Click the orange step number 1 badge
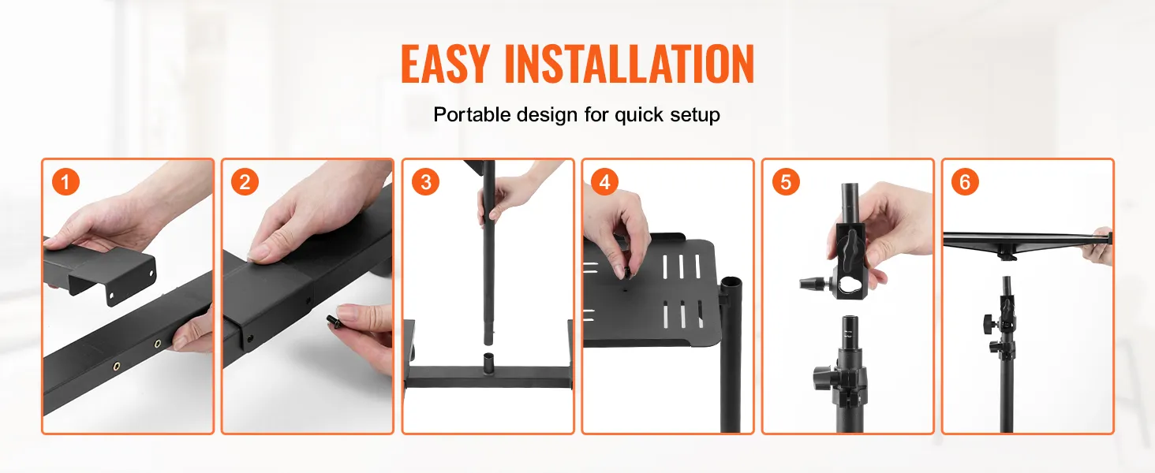click(65, 182)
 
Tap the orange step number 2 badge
click(245, 182)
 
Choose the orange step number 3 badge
click(425, 182)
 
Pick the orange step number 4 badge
click(605, 182)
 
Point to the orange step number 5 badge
click(785, 182)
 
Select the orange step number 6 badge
click(965, 182)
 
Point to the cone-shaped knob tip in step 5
click(808, 283)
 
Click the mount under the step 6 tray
click(1006, 254)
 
